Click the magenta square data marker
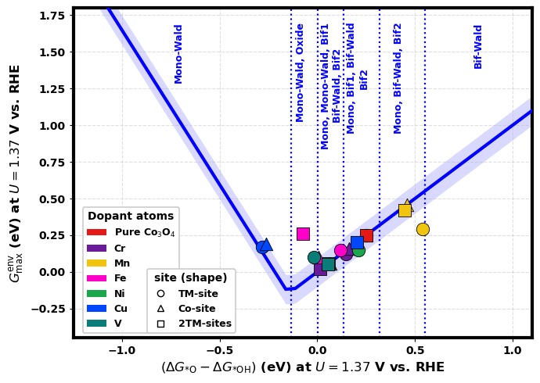(x=303, y=234)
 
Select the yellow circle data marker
(x=423, y=229)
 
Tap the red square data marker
(x=366, y=235)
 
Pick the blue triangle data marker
(x=266, y=245)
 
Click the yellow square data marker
(x=405, y=210)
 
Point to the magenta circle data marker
(x=340, y=251)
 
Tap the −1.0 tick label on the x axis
(x=121, y=351)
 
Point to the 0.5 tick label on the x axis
(x=415, y=351)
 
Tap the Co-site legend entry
(x=196, y=309)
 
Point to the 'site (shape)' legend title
(x=191, y=277)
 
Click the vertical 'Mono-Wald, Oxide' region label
(x=300, y=72)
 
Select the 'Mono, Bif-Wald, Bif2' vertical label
(x=398, y=78)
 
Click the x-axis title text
(x=302, y=367)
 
